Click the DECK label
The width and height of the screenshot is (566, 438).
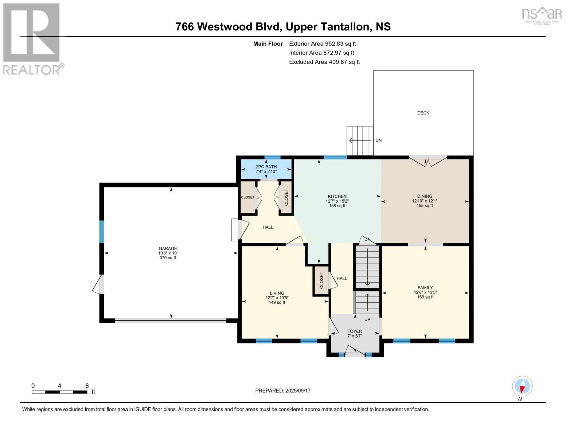point(423,113)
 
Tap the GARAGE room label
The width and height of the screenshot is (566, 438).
point(168,249)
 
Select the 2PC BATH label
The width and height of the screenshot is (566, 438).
point(266,167)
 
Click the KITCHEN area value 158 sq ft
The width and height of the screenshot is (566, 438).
point(337,206)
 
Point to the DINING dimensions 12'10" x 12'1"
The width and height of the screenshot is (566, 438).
point(425,201)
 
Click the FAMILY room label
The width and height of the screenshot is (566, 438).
point(425,288)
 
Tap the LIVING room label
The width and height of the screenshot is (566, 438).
point(277,293)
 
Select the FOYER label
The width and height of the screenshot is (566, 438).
point(355,331)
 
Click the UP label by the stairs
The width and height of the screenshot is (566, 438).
point(367,320)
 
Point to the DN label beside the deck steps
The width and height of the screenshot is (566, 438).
point(379,141)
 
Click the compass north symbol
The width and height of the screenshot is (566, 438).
point(522,386)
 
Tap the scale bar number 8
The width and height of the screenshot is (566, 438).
point(87,386)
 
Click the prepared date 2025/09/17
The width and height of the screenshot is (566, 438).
point(298,391)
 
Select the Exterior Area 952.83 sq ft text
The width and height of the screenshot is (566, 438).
point(322,44)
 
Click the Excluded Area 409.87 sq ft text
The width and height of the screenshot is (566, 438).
point(324,62)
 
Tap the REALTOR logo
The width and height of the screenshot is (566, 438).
point(32,38)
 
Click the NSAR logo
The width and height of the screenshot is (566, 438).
point(542,15)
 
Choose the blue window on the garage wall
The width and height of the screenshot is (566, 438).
point(102,232)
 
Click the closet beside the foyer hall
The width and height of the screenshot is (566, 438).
point(321,280)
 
